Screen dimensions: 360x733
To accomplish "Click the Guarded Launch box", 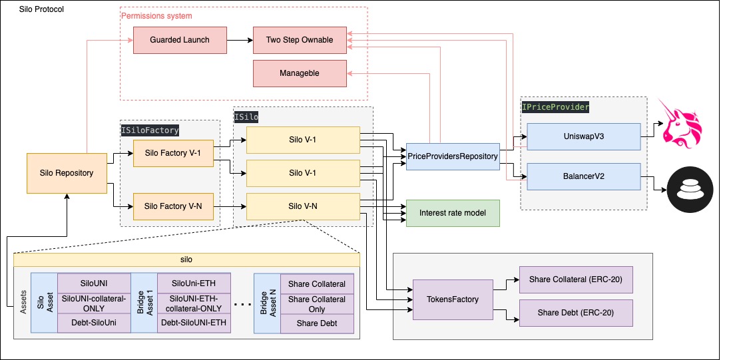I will point(180,40).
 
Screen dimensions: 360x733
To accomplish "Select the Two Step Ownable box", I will point(300,40).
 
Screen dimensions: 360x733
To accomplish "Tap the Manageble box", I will point(300,73).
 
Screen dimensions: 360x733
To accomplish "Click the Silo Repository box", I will point(67,173).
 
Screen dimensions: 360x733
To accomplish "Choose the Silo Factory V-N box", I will point(172,206).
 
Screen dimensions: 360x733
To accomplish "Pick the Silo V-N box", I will point(303,206).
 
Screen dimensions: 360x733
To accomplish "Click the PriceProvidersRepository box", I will point(453,156).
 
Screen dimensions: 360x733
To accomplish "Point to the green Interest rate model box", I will point(453,213).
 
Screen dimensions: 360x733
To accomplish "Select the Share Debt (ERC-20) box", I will point(575,313).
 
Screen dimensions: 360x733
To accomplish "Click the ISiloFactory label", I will point(150,130).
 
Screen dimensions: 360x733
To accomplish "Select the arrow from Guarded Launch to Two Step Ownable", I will point(240,40).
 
